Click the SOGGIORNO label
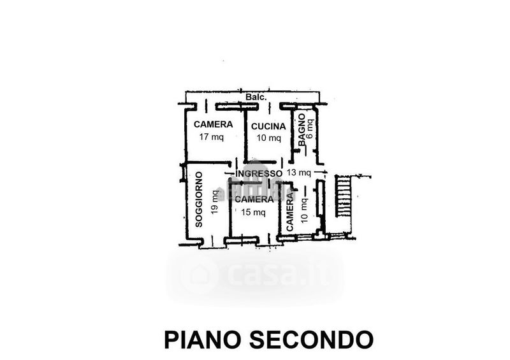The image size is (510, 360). [x=199, y=199]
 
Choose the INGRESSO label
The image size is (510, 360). [x=258, y=173]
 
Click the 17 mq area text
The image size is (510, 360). [x=208, y=137]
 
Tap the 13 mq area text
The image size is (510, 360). [x=298, y=173]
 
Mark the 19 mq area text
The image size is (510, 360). [x=214, y=201]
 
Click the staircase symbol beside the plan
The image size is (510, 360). [x=344, y=196]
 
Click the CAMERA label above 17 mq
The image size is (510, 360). [x=213, y=124]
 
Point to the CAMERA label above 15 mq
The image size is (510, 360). [x=254, y=199]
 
